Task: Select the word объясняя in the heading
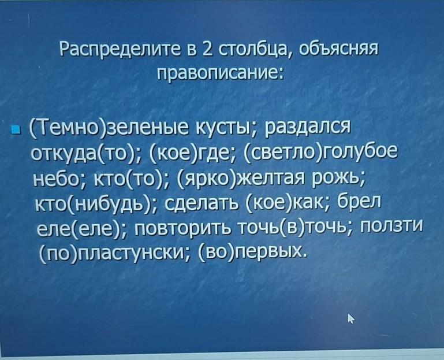coord(338,50)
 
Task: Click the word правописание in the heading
coord(219,75)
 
